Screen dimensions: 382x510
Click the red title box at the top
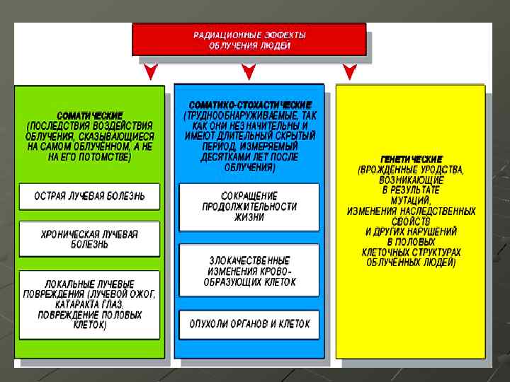(x=249, y=39)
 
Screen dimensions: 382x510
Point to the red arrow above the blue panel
(x=247, y=71)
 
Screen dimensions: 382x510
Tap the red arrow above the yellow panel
(x=348, y=71)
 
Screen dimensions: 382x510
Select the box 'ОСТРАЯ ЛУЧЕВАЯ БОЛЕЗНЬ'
(x=89, y=196)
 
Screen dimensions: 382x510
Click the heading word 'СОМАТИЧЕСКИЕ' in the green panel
(x=90, y=115)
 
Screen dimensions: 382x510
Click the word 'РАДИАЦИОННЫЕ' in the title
(x=220, y=34)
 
